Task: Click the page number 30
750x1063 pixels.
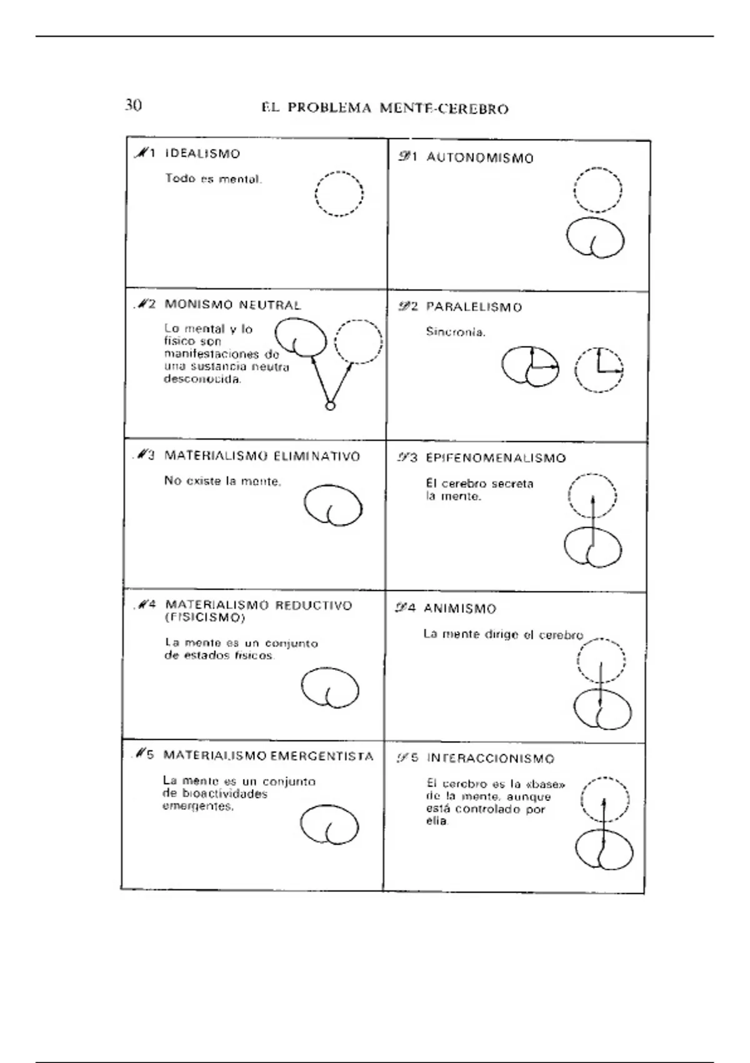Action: tap(133, 105)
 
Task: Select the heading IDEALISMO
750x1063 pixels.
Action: tap(202, 154)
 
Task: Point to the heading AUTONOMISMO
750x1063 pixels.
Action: tap(480, 158)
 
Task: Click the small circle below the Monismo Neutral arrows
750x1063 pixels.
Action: tap(330, 406)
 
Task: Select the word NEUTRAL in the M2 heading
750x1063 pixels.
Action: tap(270, 305)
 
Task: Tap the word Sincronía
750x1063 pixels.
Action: tap(456, 332)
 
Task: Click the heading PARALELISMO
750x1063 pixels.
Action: tap(474, 307)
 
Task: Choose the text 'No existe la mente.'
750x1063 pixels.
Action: tap(223, 481)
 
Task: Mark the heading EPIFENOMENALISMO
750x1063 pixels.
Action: tap(496, 458)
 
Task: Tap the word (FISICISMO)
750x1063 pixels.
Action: tap(204, 618)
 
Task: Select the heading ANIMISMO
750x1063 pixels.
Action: tap(459, 608)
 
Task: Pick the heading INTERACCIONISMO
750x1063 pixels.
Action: tap(491, 759)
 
